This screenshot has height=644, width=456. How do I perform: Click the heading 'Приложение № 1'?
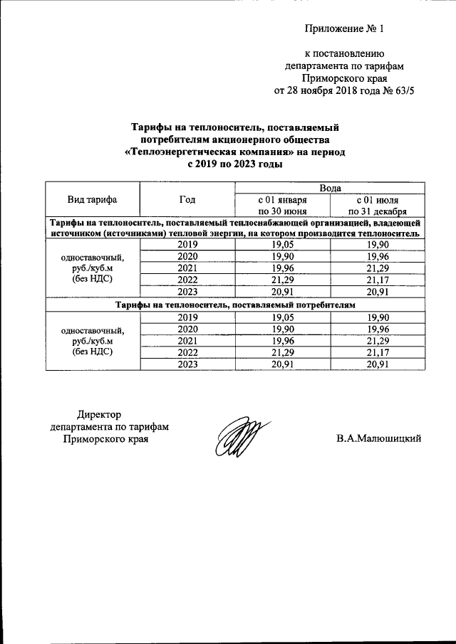click(x=343, y=29)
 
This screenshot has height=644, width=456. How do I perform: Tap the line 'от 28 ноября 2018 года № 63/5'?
click(x=343, y=91)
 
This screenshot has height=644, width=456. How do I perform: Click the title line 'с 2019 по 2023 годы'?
click(x=234, y=164)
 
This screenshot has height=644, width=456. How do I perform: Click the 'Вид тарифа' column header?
click(x=93, y=199)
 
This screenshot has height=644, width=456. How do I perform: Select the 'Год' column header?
click(x=187, y=199)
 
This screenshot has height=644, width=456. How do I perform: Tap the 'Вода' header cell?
click(x=330, y=188)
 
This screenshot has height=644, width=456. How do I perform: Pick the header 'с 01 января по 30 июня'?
click(x=282, y=205)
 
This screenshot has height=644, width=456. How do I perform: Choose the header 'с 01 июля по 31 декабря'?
click(x=378, y=205)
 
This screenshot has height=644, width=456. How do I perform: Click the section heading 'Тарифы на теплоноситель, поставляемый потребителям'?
click(x=234, y=305)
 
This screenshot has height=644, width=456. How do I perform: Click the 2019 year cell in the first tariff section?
click(x=187, y=245)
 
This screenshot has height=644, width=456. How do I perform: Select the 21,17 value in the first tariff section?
click(x=378, y=279)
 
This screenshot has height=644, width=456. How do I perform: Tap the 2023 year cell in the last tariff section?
click(x=187, y=364)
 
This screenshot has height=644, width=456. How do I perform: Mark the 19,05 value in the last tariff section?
click(x=282, y=317)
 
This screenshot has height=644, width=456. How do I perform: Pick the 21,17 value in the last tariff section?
click(x=378, y=352)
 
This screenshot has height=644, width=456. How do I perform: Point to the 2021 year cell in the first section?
click(x=187, y=268)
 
